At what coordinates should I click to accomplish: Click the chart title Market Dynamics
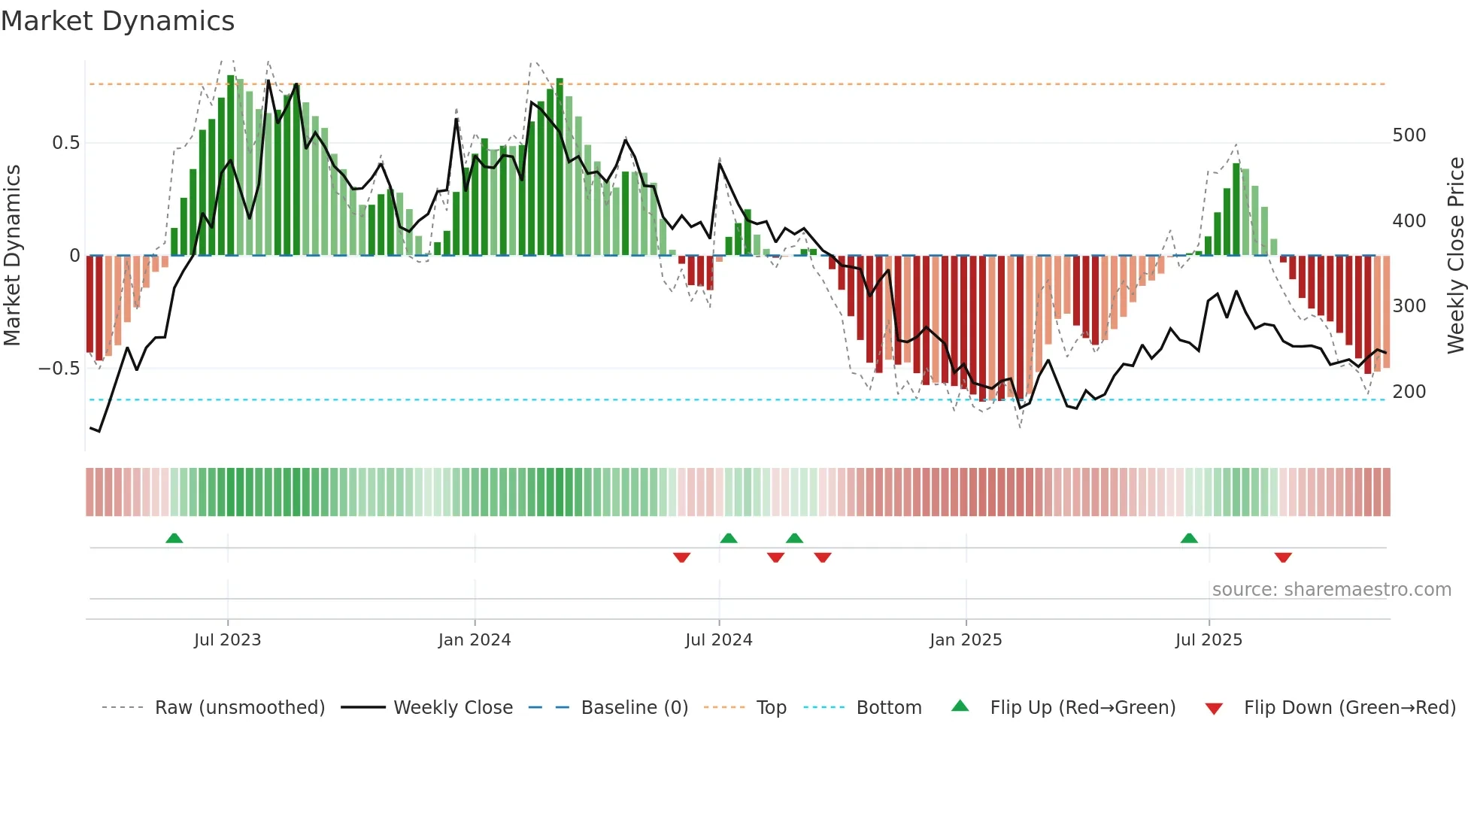tap(118, 21)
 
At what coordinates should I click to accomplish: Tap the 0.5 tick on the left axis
tap(65, 143)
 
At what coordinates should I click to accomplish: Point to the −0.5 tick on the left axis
tap(59, 369)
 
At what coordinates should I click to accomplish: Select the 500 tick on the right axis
tap(1409, 135)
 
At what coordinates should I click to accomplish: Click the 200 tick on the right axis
tap(1409, 392)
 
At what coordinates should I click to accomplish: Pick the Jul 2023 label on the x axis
tap(227, 640)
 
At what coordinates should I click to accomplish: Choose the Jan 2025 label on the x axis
tap(966, 640)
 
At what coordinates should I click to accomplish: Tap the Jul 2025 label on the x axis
tap(1209, 640)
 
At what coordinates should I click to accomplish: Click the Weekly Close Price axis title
tap(1456, 255)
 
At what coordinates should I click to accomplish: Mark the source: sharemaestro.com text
tap(1331, 590)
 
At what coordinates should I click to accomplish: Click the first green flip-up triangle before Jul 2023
tap(174, 538)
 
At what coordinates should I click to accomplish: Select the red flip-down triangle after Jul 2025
tap(1283, 557)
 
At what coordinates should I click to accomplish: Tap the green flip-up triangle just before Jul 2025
tap(1189, 538)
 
